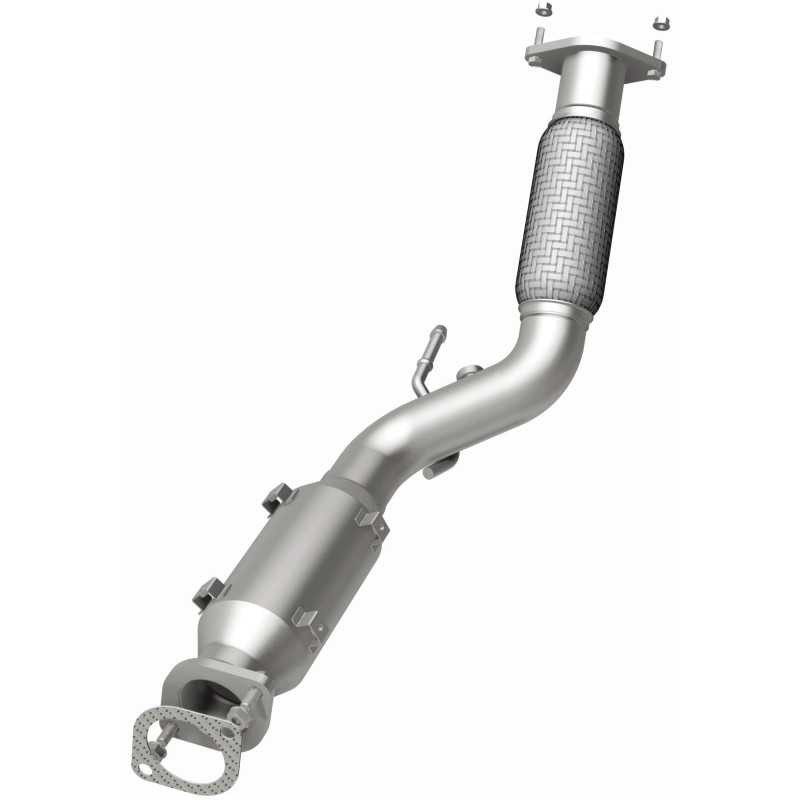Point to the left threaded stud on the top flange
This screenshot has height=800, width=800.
[538, 36]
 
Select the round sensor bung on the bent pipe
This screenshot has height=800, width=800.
[466, 374]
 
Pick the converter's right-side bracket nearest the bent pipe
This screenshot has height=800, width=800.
[374, 526]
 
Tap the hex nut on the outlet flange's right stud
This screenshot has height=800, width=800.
[241, 715]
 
